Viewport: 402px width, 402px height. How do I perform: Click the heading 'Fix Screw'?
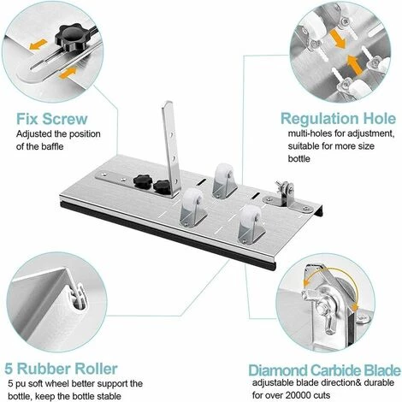51,119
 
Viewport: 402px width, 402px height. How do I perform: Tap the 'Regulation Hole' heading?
339,118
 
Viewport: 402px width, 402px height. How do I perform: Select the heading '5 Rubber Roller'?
61,369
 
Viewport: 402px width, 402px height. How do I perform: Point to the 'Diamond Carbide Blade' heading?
324,370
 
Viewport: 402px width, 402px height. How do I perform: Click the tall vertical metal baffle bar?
171,148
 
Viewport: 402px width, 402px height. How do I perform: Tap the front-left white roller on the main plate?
192,207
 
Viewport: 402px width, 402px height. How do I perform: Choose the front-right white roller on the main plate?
250,223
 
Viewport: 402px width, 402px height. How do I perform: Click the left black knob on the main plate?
142,181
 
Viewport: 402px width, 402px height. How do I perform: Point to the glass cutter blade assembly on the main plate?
285,196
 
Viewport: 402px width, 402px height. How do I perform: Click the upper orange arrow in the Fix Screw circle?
38,44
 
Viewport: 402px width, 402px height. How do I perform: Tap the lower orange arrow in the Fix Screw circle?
68,73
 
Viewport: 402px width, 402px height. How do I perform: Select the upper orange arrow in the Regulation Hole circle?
338,38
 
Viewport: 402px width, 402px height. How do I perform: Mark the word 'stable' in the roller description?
109,396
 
